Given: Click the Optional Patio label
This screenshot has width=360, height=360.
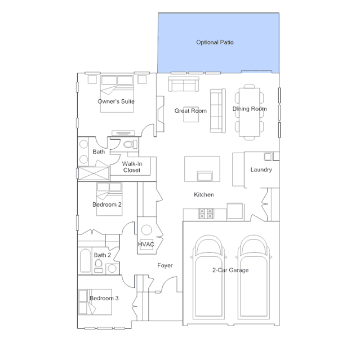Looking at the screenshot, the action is pos(215,42).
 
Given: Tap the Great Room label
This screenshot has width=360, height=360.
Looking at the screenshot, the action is pos(190,111).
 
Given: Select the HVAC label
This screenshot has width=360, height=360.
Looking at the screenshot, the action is pos(146,245).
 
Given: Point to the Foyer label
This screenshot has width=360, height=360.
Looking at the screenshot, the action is pos(165,265).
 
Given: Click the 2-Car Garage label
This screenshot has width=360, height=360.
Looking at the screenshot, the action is pos(230,270).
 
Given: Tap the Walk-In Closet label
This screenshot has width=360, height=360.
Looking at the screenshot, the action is pos(132,167).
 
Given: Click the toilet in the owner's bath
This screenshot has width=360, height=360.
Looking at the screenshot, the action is pos(130,144).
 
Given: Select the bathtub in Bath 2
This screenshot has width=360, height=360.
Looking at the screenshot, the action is pos(86,261).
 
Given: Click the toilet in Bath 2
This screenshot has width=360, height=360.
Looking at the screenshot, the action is pos(99,266).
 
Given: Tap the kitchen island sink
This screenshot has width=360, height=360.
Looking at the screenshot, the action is pos(205,176).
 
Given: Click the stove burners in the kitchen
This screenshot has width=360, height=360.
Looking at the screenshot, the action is pos(206,214).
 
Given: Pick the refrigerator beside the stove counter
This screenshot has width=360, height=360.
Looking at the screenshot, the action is pos(235,211).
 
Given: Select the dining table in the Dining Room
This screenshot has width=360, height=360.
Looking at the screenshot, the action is pos(250,112).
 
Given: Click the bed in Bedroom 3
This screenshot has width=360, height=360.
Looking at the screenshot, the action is pos(95,302).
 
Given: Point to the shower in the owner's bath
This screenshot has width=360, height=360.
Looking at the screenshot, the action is pos(93,173).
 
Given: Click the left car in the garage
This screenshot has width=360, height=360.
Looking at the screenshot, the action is pos(208,277).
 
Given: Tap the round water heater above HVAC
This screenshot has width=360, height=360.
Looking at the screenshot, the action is pos(146,230).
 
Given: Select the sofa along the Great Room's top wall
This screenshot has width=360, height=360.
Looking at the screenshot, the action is pos(184,85).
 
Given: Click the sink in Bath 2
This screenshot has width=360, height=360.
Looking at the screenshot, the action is pos(112,268).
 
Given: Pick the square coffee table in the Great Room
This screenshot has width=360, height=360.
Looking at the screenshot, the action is pos(191,114).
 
